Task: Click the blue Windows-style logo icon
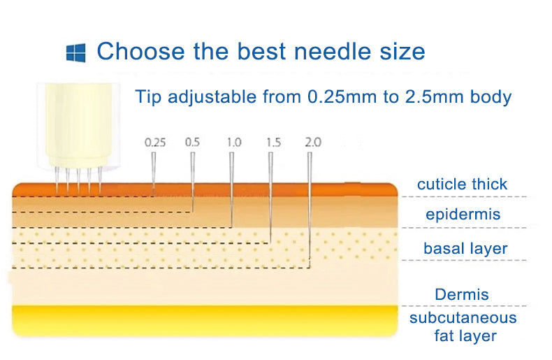click(x=75, y=53)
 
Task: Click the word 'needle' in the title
click(x=333, y=51)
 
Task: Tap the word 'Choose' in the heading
click(x=141, y=51)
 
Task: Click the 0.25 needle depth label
click(x=155, y=143)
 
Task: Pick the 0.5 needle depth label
click(x=192, y=143)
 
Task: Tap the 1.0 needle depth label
click(x=234, y=143)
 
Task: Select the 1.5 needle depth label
click(x=273, y=143)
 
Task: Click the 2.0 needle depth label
click(x=313, y=143)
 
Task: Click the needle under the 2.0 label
click(x=310, y=206)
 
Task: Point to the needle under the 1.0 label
click(x=231, y=189)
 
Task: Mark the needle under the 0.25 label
click(x=154, y=173)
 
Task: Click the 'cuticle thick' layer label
click(x=462, y=184)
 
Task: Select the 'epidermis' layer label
click(x=463, y=214)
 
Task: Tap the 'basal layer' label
click(x=465, y=248)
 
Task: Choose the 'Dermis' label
click(x=462, y=294)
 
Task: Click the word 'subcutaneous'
click(x=463, y=318)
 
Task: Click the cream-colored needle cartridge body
click(x=78, y=125)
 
